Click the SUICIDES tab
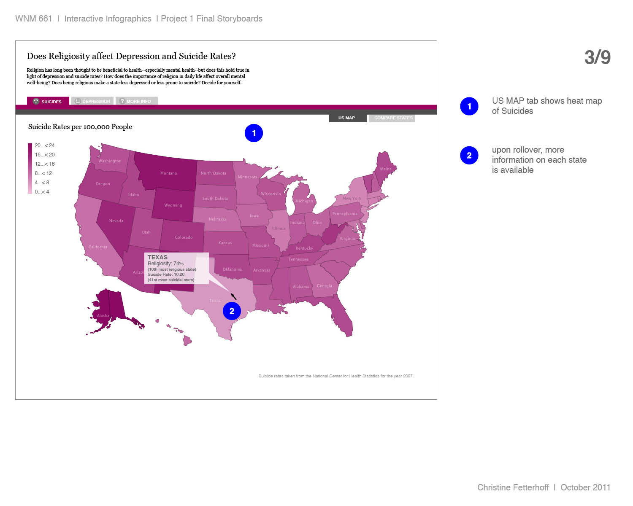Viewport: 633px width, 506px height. (48, 101)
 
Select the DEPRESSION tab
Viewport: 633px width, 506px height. (93, 101)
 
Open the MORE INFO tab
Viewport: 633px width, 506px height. (136, 101)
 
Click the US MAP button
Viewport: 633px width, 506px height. (347, 118)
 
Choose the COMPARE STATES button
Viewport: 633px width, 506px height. (392, 118)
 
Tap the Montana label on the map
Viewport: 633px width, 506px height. (168, 173)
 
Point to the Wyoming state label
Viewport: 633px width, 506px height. (173, 205)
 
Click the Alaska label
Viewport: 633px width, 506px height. (103, 316)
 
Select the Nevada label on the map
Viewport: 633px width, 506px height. (116, 221)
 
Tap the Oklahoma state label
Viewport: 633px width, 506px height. (232, 269)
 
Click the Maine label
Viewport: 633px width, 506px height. (386, 169)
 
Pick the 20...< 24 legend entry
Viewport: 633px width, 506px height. (44, 145)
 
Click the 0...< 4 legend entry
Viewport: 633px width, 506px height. (42, 192)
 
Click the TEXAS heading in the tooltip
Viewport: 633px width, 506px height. (157, 257)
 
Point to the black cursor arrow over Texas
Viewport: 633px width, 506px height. (233, 296)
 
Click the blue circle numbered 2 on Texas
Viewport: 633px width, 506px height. (232, 311)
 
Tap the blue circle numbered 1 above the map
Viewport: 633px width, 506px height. (254, 133)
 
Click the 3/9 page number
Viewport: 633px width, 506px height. (597, 57)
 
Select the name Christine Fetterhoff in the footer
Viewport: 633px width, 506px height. (513, 487)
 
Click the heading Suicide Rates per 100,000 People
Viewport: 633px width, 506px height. (80, 127)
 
